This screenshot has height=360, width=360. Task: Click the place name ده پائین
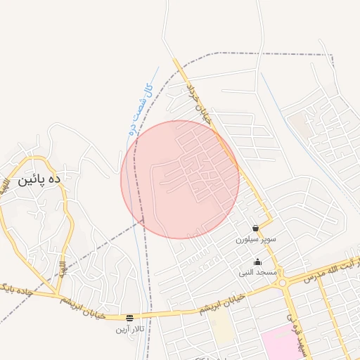pos(40,181)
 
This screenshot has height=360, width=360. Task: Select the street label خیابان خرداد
pos(198,101)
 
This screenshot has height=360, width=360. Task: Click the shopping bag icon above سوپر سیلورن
pos(256,229)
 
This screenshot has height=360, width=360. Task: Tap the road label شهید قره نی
pos(295,334)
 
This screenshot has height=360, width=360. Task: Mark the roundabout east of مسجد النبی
pos(283,283)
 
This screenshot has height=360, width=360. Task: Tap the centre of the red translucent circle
pos(180,179)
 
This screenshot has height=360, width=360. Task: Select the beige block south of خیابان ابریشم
pos(222,327)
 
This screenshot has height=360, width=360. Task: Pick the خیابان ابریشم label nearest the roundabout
pos(220,304)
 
